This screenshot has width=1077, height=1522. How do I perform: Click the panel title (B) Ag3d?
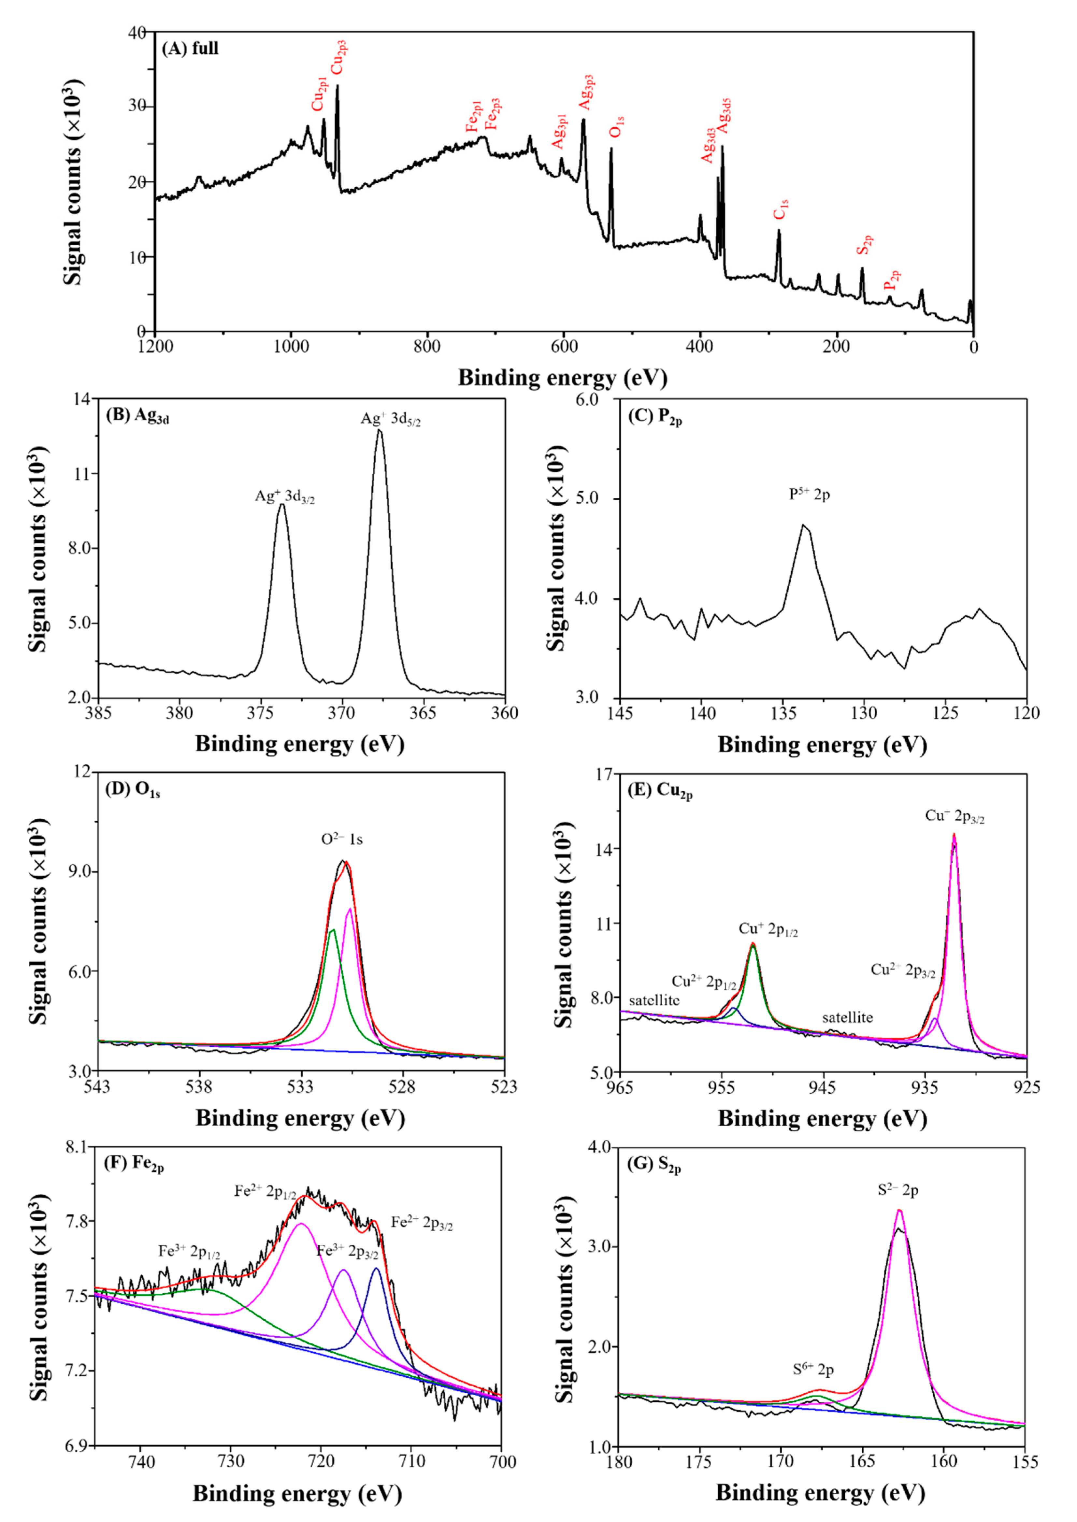(x=137, y=416)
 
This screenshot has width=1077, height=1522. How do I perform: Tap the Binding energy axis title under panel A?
(x=562, y=378)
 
